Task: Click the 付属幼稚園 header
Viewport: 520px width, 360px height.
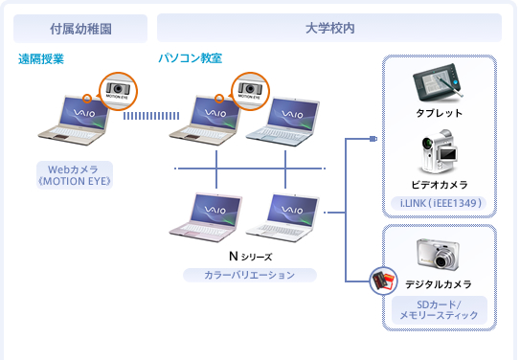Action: coord(80,29)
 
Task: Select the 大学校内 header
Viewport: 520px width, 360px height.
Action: coord(329,28)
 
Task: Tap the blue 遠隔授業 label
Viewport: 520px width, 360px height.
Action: coord(41,59)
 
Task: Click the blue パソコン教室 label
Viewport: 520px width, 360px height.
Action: coord(190,58)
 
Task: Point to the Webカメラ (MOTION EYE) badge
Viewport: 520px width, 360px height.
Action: coord(75,175)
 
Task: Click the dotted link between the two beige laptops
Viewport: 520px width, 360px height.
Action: coord(151,116)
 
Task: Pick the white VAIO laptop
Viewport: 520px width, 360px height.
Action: coord(283,217)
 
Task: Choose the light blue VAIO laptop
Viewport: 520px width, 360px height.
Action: coord(283,122)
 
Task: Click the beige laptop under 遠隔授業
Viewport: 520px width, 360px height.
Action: coord(75,120)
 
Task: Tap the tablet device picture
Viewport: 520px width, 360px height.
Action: coord(437,82)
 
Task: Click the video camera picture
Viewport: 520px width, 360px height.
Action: coord(439,151)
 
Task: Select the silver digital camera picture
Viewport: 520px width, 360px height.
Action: coord(438,254)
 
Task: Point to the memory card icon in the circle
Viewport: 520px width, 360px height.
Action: coord(384,281)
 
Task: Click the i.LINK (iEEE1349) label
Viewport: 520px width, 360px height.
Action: coord(439,203)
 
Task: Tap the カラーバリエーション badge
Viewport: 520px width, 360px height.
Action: coord(250,275)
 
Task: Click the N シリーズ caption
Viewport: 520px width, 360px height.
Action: coord(250,257)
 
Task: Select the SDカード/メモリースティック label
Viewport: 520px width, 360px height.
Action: coord(440,310)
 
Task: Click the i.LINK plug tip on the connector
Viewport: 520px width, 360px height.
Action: coord(373,139)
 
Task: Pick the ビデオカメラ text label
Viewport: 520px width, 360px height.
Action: coord(440,185)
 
